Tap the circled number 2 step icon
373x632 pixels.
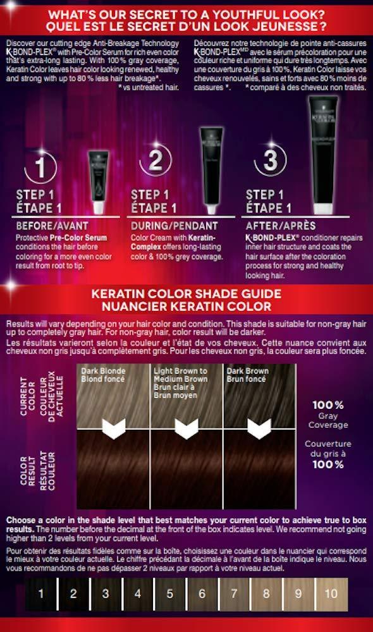coord(155,162)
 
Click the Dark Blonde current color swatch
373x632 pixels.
coord(113,392)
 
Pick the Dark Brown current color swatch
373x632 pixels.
coord(259,392)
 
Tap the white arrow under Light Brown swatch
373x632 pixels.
coord(186,430)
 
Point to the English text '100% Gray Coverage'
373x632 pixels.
coord(327,413)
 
